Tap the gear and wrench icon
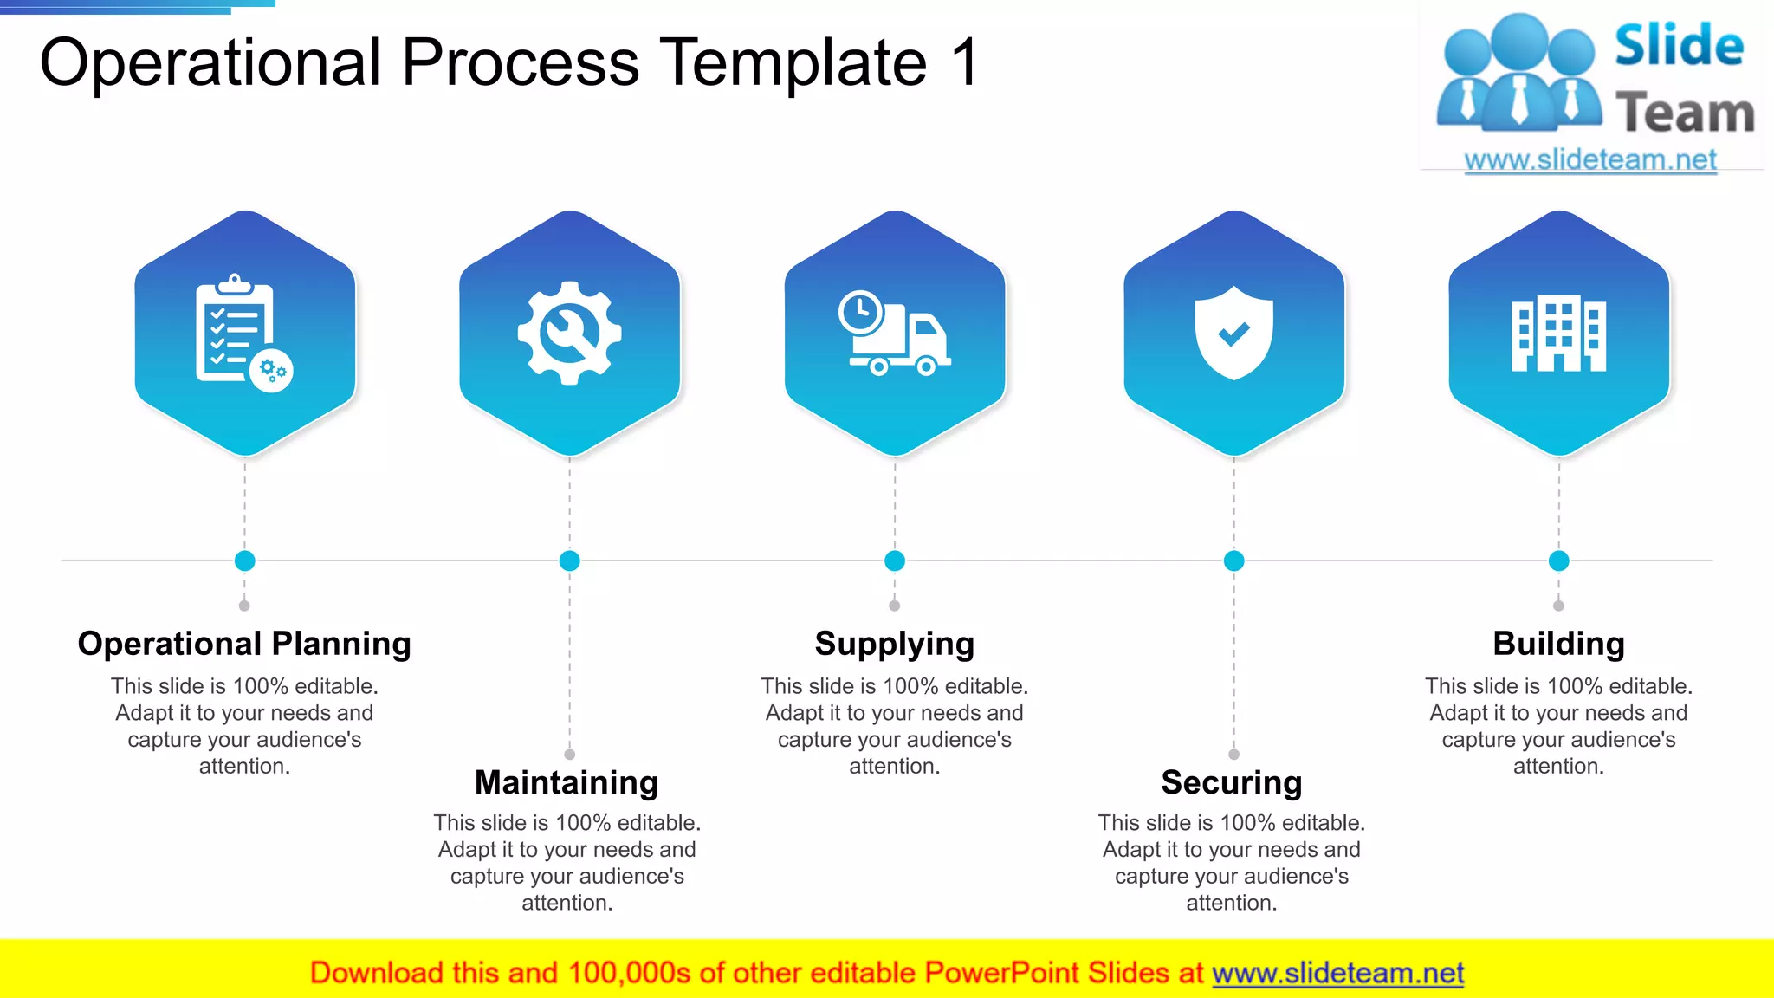[x=569, y=333]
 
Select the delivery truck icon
[x=895, y=334]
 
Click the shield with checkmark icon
[x=1233, y=333]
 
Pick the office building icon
[x=1558, y=334]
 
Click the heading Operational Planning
[x=244, y=644]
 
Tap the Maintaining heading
[x=567, y=782]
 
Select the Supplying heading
[x=895, y=644]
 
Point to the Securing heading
[x=1232, y=782]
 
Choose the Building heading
[x=1558, y=644]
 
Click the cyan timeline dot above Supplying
[x=895, y=561]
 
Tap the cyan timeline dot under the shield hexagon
[x=1233, y=561]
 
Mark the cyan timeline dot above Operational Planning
[x=245, y=561]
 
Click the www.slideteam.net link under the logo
[x=1590, y=160]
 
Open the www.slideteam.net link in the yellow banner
[x=1337, y=973]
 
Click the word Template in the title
[x=793, y=62]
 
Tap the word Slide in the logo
[x=1679, y=45]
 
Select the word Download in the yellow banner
[x=376, y=973]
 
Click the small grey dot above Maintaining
[x=569, y=755]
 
